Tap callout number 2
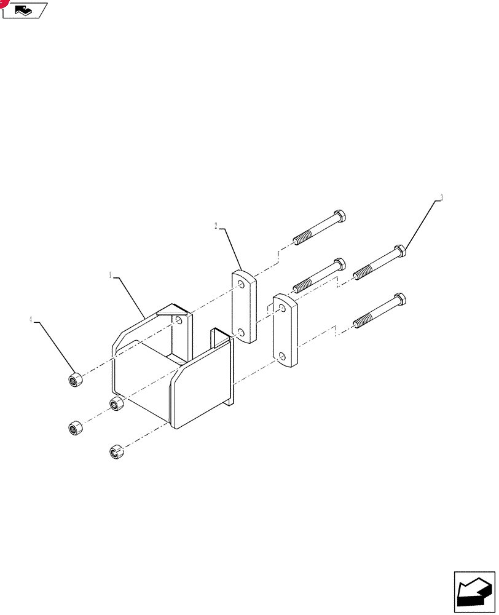click(216, 226)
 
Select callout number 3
click(441, 197)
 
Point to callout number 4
click(31, 320)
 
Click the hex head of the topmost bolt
click(339, 216)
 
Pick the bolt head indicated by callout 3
click(400, 250)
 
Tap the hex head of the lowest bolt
click(400, 299)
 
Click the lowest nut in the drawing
click(116, 451)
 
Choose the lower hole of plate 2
click(242, 333)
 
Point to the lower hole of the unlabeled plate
click(282, 356)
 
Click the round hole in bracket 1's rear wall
click(179, 320)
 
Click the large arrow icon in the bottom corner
click(474, 592)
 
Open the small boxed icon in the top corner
click(25, 10)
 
